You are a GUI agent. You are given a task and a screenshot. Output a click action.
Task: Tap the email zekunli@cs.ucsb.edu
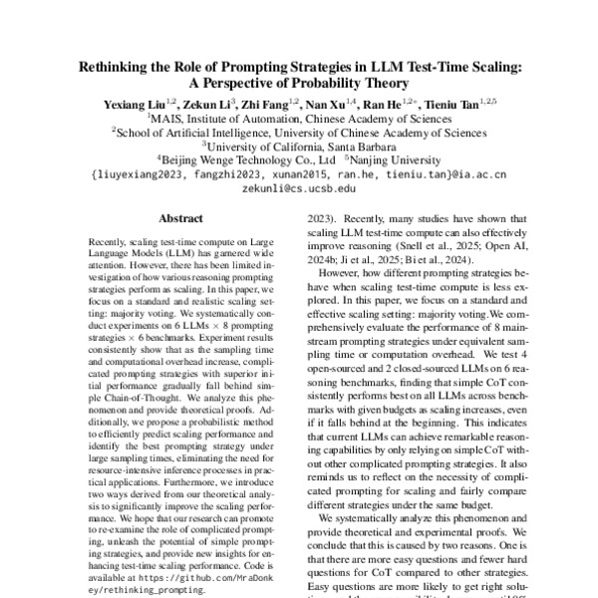coord(299,186)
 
